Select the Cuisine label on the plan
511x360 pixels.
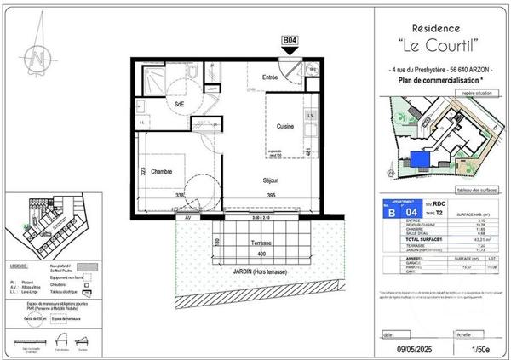point(285,126)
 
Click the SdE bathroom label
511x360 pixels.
point(180,104)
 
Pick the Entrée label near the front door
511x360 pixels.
point(270,77)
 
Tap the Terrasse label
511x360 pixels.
point(244,242)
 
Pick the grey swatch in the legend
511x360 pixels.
point(88,266)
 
